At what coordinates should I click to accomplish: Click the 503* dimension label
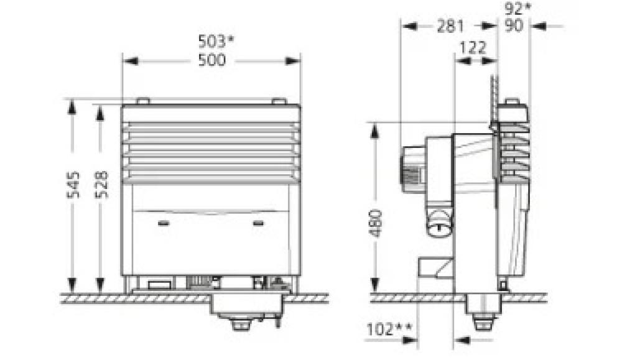(x=216, y=42)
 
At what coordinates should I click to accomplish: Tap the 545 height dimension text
(x=73, y=184)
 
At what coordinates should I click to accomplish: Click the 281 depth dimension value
(x=450, y=26)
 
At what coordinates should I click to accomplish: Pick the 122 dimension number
(x=475, y=48)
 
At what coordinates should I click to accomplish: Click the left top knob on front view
(x=142, y=101)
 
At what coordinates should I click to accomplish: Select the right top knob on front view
(x=279, y=101)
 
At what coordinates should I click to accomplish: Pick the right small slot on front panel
(x=258, y=222)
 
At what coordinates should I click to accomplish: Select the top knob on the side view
(x=512, y=101)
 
